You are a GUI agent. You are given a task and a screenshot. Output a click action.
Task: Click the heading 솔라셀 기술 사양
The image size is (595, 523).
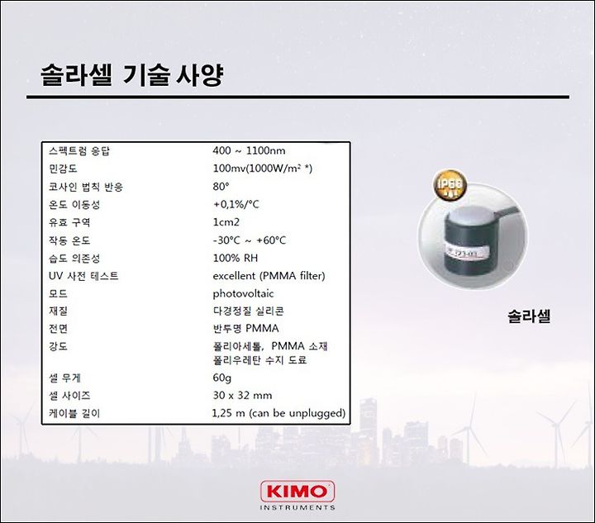click(x=131, y=75)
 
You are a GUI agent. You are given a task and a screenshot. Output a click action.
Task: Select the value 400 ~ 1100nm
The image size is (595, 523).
click(x=249, y=150)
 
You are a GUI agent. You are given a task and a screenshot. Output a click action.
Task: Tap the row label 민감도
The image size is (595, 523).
click(x=63, y=169)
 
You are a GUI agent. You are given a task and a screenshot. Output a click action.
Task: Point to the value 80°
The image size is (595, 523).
click(x=221, y=186)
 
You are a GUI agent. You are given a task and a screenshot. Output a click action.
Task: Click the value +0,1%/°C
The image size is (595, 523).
click(x=236, y=204)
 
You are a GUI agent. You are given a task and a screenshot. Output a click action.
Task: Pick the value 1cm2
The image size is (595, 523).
click(x=226, y=222)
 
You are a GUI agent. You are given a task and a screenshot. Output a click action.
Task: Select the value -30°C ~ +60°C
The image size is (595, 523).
click(x=250, y=240)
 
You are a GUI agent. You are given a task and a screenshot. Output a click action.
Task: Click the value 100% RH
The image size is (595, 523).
click(x=236, y=259)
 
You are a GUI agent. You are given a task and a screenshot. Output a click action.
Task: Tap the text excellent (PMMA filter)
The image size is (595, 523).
click(x=269, y=276)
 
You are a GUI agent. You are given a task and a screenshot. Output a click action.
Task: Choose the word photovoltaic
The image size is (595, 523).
click(x=243, y=294)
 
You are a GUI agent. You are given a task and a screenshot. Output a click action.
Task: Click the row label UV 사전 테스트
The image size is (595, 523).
click(x=83, y=276)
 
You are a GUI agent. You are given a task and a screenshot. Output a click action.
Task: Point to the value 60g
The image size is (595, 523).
click(x=222, y=378)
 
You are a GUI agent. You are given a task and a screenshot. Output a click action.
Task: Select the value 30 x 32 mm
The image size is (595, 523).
click(x=242, y=396)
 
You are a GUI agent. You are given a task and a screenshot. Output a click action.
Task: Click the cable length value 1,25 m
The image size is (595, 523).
click(x=228, y=413)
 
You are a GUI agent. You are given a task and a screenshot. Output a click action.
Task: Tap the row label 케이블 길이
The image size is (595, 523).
click(x=74, y=413)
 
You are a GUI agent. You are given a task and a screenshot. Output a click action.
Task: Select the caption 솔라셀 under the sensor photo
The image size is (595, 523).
click(x=529, y=316)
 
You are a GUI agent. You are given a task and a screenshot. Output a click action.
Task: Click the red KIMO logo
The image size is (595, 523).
click(x=297, y=492)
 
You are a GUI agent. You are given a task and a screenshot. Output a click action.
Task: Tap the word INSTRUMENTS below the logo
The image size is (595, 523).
click(x=297, y=507)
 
